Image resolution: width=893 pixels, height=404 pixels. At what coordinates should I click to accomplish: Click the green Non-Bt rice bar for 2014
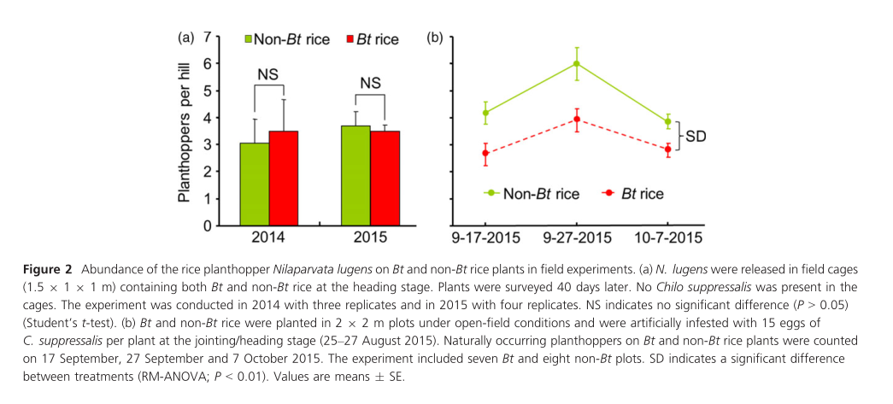tap(255, 184)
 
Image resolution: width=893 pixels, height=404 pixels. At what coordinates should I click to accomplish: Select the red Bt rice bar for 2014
tap(284, 179)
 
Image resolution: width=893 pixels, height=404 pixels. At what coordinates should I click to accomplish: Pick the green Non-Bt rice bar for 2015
tap(355, 176)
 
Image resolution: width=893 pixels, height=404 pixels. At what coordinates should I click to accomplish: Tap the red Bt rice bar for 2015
tap(385, 179)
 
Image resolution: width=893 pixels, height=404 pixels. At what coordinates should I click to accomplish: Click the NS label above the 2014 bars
tap(268, 73)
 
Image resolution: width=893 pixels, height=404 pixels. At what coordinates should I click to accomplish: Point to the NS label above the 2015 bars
tap(370, 83)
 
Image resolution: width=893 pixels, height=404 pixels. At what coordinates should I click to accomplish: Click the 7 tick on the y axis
tap(205, 38)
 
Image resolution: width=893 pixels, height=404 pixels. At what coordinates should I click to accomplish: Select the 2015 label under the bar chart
tap(370, 237)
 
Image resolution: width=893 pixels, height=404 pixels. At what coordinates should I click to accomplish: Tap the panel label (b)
tap(434, 38)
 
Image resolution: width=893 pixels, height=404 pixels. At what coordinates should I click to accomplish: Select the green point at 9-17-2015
tap(485, 113)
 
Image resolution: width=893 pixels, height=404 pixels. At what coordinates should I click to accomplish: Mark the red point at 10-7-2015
tap(667, 149)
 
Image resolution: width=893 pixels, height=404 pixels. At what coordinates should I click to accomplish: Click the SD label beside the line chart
tap(699, 136)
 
